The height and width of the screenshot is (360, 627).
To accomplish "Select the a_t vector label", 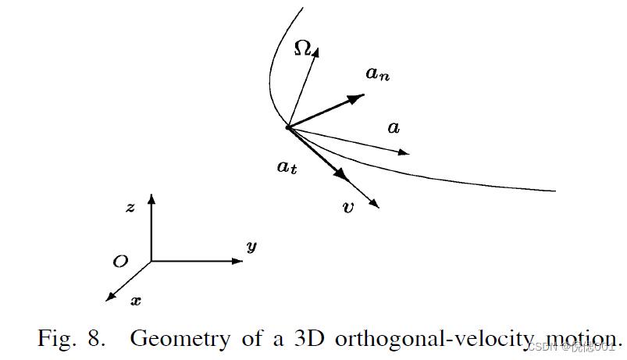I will (286, 166).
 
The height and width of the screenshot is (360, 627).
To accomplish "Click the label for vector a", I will (394, 127).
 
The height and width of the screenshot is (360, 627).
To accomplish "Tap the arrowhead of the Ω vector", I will (318, 48).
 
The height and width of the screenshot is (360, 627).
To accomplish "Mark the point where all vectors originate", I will (288, 127).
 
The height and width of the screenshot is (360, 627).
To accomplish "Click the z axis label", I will (131, 207).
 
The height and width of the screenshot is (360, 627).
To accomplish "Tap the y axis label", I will (251, 247).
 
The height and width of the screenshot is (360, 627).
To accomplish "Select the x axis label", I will (136, 300).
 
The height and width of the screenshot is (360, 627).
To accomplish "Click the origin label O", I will (120, 262).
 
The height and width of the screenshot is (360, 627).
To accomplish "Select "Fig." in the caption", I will (55, 339).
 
